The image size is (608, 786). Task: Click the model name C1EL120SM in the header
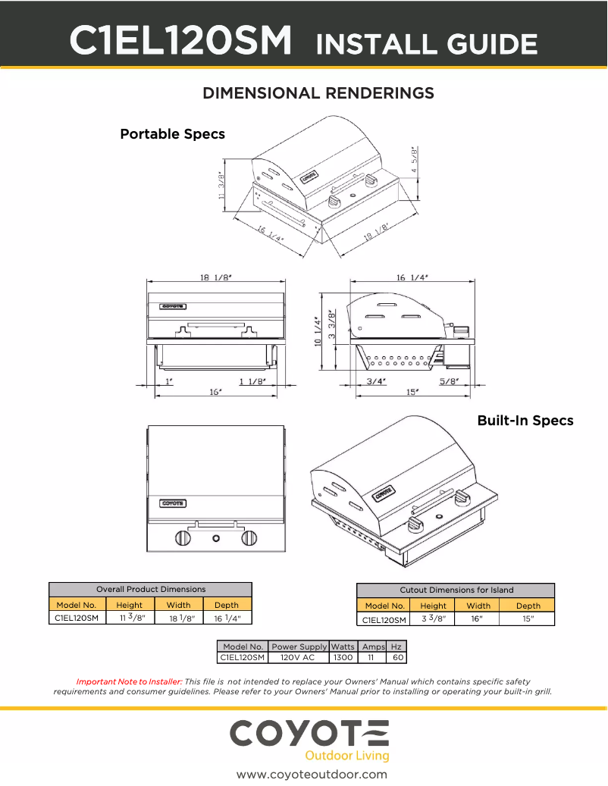(181, 42)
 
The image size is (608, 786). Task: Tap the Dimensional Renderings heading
(318, 93)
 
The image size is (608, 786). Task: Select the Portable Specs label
(172, 134)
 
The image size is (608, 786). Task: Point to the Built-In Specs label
(525, 421)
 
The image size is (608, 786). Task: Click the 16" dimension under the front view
(215, 392)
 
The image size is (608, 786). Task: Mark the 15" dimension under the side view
(412, 392)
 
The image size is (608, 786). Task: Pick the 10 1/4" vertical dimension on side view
(318, 331)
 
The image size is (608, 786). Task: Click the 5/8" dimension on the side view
(450, 381)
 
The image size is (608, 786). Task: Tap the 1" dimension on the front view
(168, 381)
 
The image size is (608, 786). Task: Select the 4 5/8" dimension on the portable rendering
(414, 161)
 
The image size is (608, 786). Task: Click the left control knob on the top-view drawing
(183, 538)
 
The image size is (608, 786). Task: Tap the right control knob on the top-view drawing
(249, 538)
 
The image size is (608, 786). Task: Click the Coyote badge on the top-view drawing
(173, 503)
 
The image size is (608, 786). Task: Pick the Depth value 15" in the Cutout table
(528, 619)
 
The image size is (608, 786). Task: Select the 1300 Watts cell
(343, 658)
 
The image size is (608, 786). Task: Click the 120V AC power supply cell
(298, 658)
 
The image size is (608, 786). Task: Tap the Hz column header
(396, 647)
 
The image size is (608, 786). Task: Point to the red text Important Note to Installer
(129, 681)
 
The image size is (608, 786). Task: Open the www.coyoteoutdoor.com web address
(312, 774)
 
